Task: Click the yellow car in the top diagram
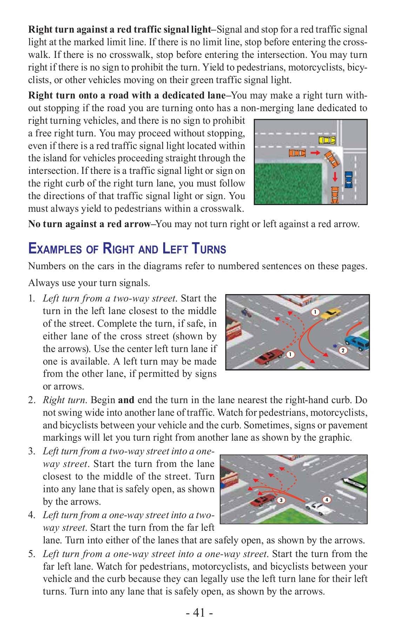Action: [x=327, y=140]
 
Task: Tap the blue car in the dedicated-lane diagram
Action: [x=348, y=179]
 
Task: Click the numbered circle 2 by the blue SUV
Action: [x=343, y=350]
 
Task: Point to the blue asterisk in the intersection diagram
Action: [x=335, y=347]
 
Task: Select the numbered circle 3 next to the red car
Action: [x=281, y=500]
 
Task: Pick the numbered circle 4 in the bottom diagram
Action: [x=327, y=500]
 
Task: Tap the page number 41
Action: [x=199, y=612]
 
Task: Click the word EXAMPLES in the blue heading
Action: [x=54, y=249]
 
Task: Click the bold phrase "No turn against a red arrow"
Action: [x=89, y=224]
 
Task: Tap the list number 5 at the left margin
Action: [x=32, y=554]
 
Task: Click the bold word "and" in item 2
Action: [x=126, y=400]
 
